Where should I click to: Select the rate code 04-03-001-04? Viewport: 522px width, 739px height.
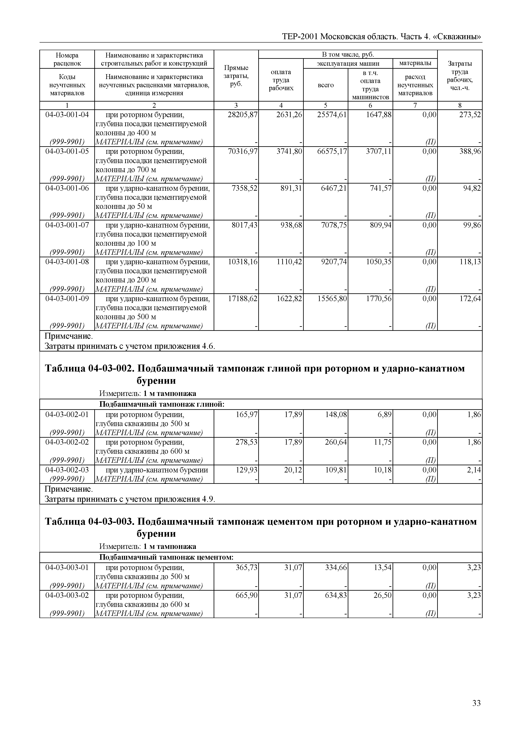click(67, 115)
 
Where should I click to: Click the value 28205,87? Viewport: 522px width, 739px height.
click(243, 115)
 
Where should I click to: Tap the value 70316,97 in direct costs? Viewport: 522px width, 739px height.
click(243, 151)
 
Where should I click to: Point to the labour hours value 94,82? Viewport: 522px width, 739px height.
click(472, 188)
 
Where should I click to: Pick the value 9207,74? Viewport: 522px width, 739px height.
click(334, 262)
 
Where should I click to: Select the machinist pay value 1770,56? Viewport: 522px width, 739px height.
click(379, 298)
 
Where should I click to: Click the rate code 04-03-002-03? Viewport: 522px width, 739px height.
click(67, 470)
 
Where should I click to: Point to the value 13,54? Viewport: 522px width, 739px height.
click(382, 567)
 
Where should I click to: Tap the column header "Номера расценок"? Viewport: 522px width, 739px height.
click(67, 59)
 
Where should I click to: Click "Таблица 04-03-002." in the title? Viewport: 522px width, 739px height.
click(89, 368)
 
